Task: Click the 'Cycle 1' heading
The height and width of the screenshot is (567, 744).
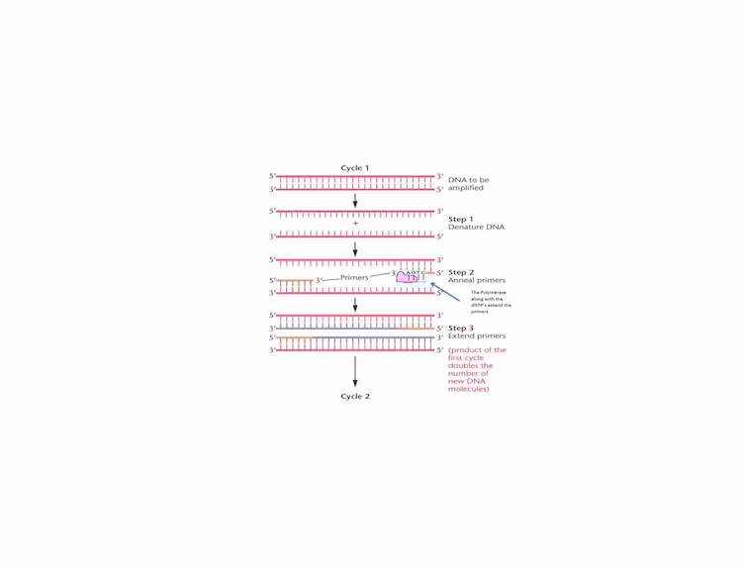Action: coord(354,168)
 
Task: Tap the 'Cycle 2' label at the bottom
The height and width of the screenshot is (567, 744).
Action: coord(354,396)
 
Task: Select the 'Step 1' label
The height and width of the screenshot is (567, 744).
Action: coord(461,219)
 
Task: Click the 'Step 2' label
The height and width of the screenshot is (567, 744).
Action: coord(461,272)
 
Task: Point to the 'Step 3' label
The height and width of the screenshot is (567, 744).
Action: coord(461,328)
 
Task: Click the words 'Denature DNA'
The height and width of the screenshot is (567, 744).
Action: coord(476,228)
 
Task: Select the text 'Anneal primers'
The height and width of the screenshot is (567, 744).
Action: coord(477,280)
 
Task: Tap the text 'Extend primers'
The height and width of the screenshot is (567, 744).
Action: coord(477,336)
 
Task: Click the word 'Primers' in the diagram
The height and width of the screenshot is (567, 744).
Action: coord(354,278)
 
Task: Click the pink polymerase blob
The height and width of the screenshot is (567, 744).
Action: coord(408,278)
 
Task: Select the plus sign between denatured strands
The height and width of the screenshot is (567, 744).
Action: coord(355,224)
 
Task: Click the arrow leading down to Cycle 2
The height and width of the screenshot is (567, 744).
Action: coord(355,371)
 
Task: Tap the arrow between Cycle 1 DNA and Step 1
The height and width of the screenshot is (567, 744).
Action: coord(355,200)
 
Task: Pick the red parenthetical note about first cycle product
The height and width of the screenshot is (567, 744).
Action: coord(477,369)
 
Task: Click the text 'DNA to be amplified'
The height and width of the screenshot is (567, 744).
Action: coord(468,183)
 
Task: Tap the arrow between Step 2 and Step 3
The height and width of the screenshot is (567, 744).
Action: coord(355,304)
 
